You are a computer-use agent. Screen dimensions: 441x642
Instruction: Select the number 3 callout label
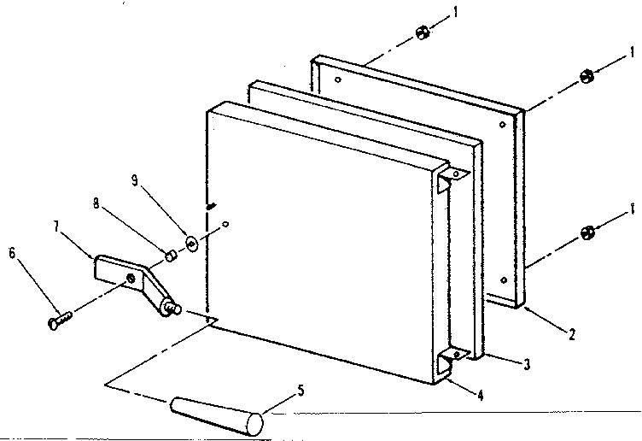click(x=527, y=365)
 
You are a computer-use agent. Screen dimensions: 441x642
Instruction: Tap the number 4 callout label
click(x=481, y=396)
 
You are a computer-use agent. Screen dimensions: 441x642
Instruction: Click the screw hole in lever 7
click(x=130, y=279)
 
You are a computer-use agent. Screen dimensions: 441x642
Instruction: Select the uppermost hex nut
click(x=421, y=32)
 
